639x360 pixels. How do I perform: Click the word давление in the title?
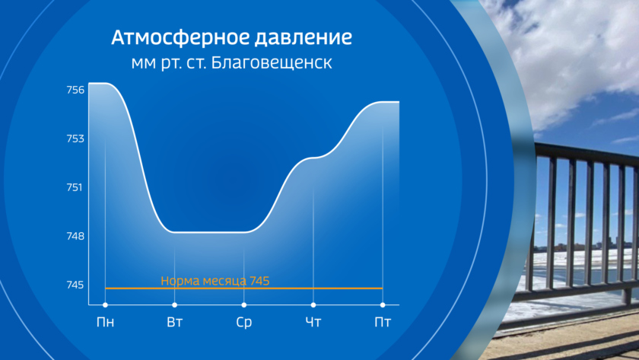304,38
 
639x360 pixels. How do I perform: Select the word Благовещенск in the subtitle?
272,62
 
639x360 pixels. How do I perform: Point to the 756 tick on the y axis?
76,90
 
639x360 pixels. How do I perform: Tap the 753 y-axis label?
76,139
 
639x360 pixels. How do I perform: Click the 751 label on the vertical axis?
75,187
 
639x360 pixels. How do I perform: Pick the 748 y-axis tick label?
76,236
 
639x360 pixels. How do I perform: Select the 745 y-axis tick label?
76,285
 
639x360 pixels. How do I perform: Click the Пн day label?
105,322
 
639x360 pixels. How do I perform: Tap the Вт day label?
174,322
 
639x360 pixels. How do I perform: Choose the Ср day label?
243,323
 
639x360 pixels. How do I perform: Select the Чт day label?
313,322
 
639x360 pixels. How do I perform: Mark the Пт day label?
383,322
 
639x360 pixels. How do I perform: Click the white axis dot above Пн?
105,305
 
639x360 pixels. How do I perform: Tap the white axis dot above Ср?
243,305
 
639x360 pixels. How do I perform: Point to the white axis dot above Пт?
383,305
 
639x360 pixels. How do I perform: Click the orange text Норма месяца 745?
215,281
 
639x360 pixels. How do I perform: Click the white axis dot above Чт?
313,305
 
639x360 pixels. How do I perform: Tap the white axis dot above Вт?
174,305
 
